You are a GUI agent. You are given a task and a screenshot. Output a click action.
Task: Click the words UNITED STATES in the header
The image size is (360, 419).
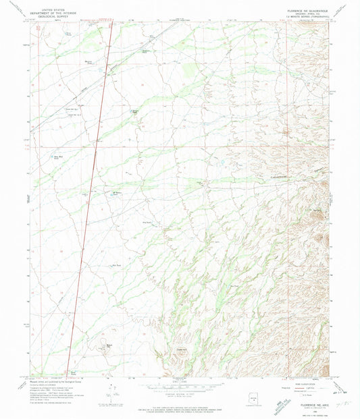(59, 3)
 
